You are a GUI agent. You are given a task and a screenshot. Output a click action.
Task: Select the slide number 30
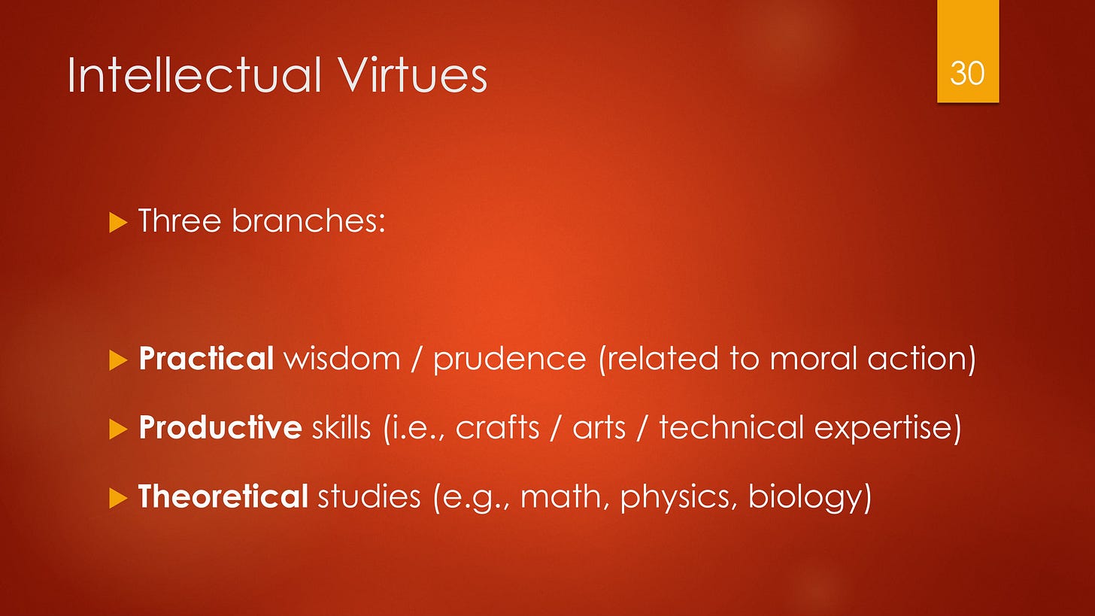coord(967,73)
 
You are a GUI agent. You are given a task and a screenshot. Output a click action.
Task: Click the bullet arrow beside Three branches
coord(119,223)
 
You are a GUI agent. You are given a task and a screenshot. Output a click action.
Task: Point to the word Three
coord(177,222)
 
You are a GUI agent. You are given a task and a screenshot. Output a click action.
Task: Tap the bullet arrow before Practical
coord(119,360)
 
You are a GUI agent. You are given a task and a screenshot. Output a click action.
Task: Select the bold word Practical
coord(206,360)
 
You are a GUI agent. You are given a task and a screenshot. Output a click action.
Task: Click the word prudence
coord(509,360)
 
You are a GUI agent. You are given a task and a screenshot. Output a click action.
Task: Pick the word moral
coord(812,360)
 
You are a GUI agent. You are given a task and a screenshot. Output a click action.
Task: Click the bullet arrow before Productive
coord(119,429)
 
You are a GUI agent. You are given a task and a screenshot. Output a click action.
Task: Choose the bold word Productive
coord(220,429)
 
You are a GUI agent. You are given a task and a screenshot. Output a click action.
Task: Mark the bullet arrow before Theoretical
coord(119,498)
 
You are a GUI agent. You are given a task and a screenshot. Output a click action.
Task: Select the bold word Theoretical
coord(223,497)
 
